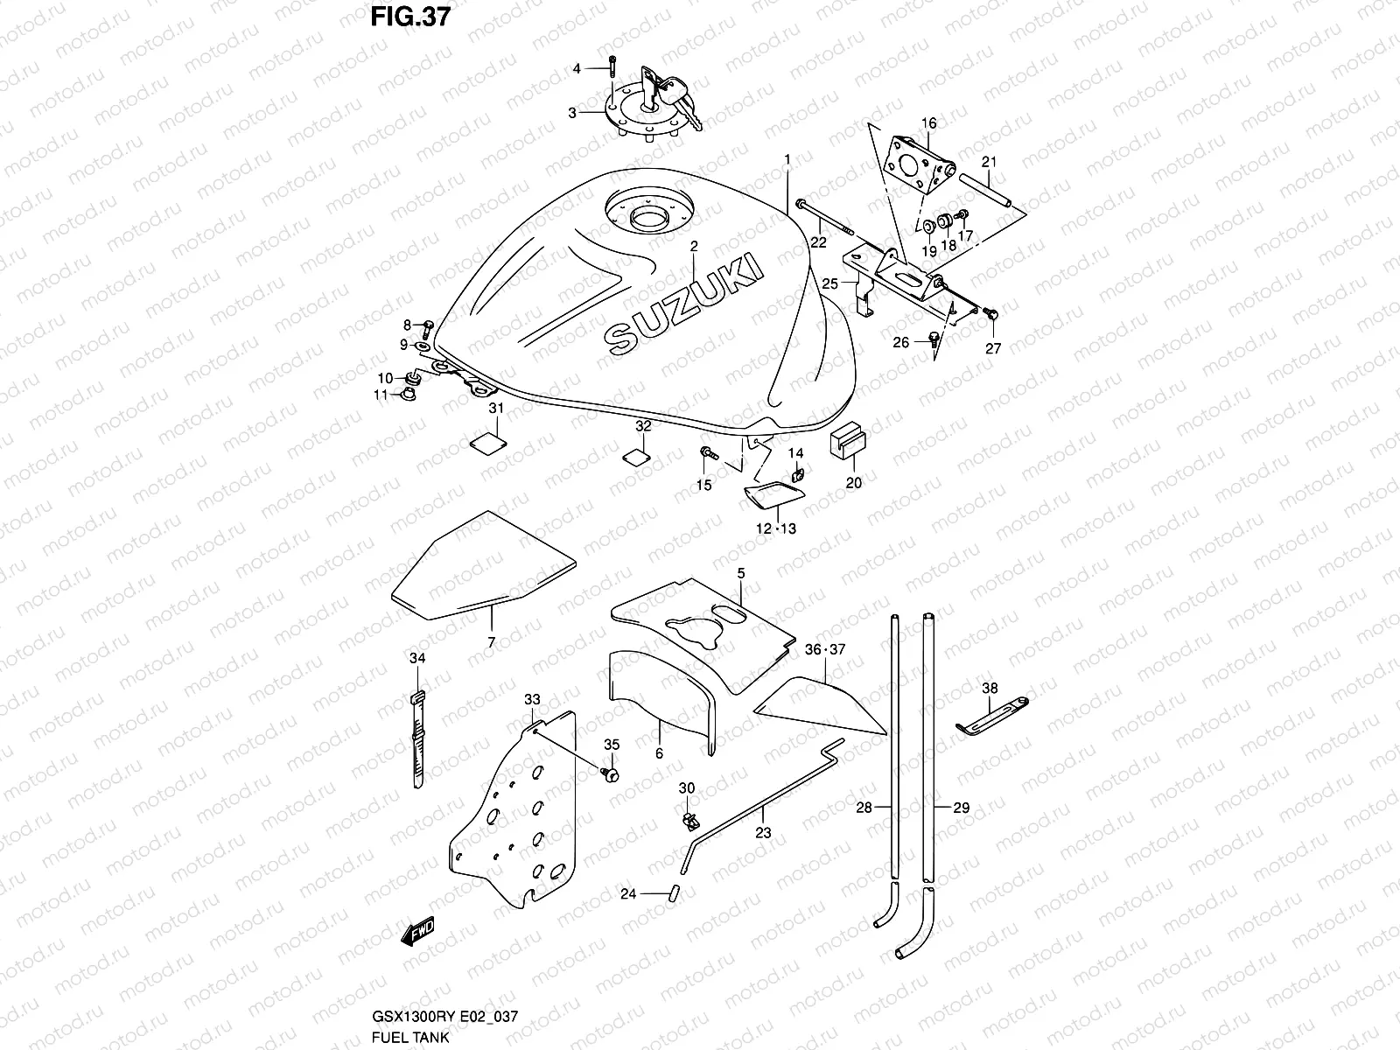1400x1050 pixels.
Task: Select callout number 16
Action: point(928,123)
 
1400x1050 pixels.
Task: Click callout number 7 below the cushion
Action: point(491,642)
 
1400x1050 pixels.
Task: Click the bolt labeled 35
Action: point(611,773)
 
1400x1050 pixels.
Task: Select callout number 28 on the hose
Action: point(864,808)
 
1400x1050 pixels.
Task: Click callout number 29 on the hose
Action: point(961,808)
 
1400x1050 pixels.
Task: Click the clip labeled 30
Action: point(689,820)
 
